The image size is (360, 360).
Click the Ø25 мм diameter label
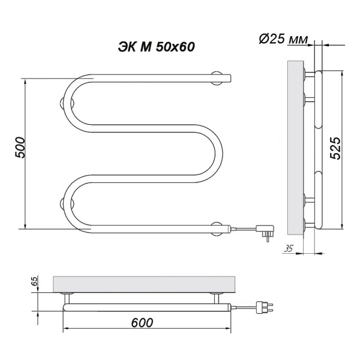point(283,40)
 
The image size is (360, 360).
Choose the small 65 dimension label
point(34,281)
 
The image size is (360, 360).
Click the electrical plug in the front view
point(264,231)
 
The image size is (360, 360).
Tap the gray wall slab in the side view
point(296,147)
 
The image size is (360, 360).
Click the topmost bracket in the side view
point(310,75)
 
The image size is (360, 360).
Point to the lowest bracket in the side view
point(310,224)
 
